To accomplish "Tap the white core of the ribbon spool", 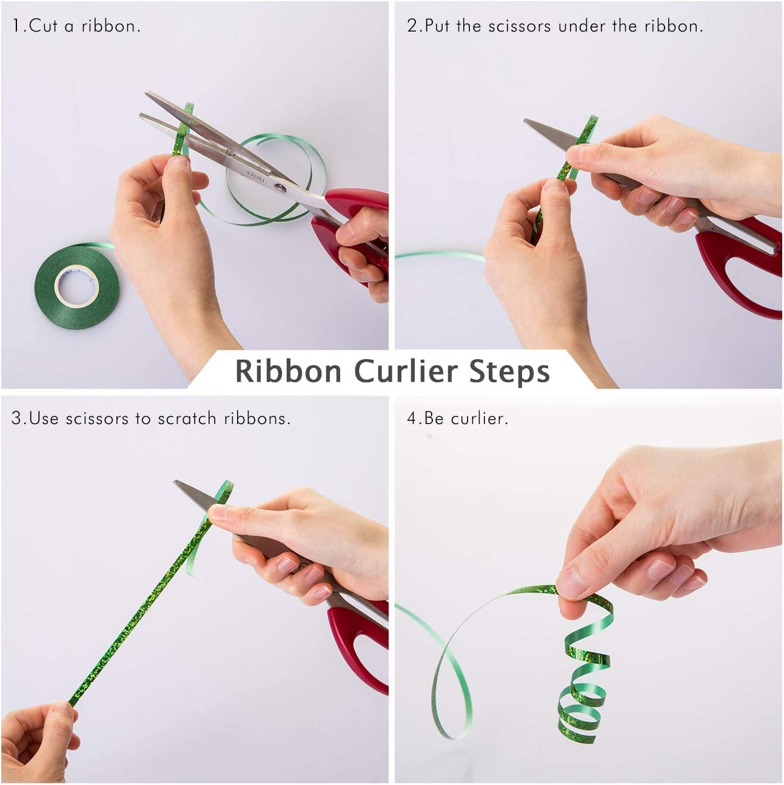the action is [76, 285].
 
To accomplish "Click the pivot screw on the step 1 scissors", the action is [280, 187].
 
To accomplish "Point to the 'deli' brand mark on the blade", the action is [256, 176].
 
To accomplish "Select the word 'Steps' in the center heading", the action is [510, 372].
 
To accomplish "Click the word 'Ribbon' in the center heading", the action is [289, 371].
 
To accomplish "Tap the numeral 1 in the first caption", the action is [16, 27].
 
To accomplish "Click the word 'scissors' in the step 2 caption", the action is [520, 27].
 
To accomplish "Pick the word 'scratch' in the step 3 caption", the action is [187, 419].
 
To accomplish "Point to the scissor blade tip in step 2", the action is [525, 121].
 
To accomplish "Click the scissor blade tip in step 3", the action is [175, 482].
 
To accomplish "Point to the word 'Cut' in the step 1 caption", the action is [42, 27].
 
